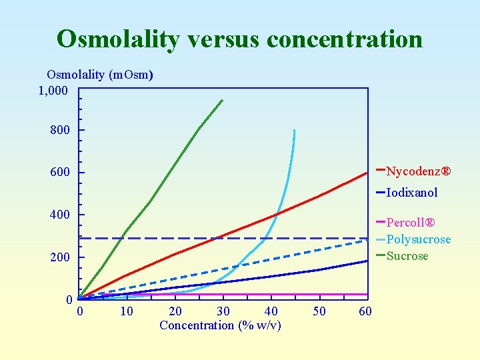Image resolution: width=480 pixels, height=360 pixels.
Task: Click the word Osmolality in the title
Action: click(117, 39)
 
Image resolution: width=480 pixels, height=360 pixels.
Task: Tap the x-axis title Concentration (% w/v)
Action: click(220, 325)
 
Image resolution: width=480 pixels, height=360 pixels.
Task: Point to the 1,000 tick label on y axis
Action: click(53, 89)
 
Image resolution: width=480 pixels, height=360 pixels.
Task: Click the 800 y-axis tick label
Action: click(59, 130)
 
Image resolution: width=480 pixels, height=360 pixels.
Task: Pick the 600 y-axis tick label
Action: click(59, 173)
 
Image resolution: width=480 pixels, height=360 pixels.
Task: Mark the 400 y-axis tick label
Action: click(59, 215)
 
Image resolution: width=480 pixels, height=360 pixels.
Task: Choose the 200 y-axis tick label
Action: click(59, 257)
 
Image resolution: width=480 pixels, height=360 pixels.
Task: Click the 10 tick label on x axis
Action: click(127, 311)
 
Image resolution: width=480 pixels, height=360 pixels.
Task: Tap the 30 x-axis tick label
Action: click(223, 311)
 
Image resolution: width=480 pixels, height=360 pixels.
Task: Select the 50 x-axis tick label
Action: click(319, 311)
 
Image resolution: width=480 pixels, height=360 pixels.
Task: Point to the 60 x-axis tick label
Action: click(365, 311)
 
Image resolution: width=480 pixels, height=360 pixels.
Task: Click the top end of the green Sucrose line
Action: click(223, 101)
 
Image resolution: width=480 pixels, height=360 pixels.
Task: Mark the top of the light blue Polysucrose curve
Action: click(294, 131)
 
